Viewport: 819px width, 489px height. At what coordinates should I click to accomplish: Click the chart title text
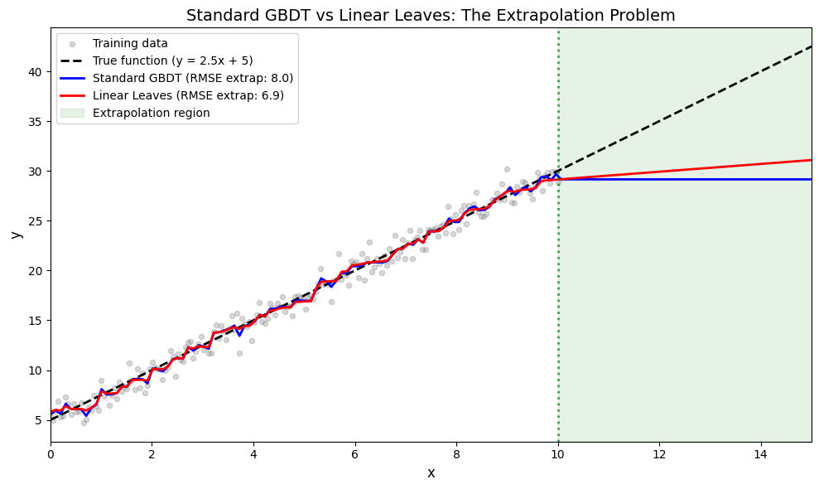(x=431, y=15)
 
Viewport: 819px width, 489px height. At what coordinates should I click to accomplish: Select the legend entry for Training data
(x=130, y=43)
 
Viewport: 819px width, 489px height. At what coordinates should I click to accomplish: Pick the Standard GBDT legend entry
(x=193, y=78)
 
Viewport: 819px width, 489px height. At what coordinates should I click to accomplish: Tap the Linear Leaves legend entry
(x=188, y=95)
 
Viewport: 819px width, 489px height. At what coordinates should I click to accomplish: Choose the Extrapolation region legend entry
(x=151, y=113)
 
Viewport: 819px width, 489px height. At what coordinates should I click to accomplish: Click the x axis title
(x=431, y=473)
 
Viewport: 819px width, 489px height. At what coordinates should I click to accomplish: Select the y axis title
(x=15, y=235)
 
